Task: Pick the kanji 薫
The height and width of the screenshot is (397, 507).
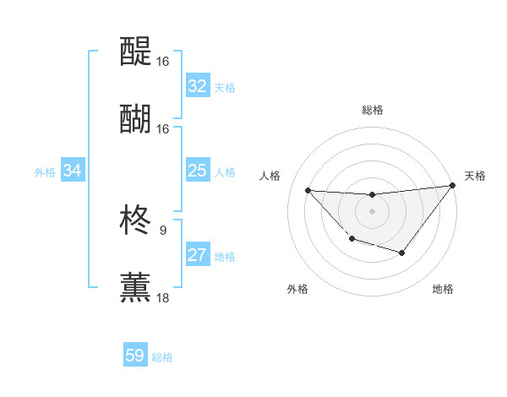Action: click(x=135, y=287)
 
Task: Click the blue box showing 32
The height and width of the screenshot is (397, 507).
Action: click(x=197, y=86)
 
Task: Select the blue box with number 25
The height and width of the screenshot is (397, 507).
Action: click(x=197, y=171)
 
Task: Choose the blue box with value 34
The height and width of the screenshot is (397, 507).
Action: click(x=73, y=171)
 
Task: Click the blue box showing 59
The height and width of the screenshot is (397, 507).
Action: click(x=134, y=356)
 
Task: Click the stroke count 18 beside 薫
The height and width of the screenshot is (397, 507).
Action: click(x=162, y=297)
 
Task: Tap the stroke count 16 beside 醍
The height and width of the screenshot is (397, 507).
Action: click(x=162, y=61)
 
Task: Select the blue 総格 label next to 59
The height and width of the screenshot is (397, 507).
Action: click(x=162, y=357)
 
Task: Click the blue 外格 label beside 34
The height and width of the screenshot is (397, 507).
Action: click(x=45, y=172)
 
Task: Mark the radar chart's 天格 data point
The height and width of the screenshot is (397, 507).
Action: click(x=452, y=186)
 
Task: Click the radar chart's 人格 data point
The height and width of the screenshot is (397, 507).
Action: click(x=308, y=190)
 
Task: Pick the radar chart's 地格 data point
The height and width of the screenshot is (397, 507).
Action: click(x=402, y=253)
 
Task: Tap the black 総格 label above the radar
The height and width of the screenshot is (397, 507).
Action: click(x=372, y=110)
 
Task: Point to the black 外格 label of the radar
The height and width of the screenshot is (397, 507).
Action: click(x=297, y=290)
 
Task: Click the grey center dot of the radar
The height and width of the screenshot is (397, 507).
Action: click(x=372, y=211)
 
